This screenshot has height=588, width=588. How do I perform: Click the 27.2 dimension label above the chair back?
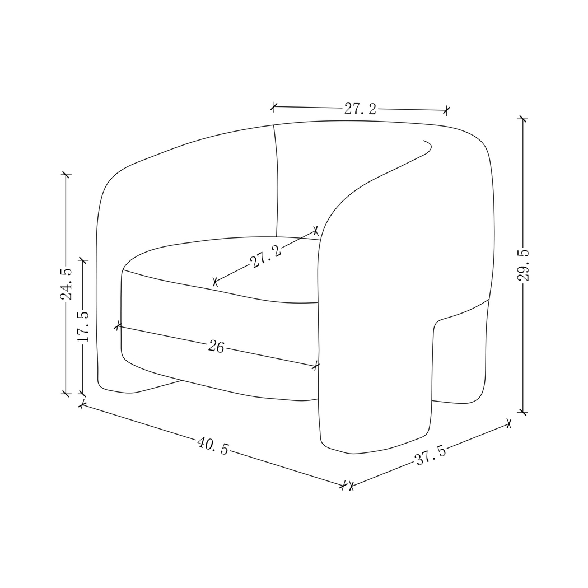coord(360,109)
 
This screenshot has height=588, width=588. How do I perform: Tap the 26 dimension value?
coord(216,347)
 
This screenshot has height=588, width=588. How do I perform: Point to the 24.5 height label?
coord(67,284)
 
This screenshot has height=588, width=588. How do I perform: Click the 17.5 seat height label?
coord(83,327)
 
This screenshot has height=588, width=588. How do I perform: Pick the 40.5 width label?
coord(213,446)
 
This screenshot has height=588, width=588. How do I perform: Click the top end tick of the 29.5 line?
coord(522,119)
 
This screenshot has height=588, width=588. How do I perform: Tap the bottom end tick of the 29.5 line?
coord(522,412)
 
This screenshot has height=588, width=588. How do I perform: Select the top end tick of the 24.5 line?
coord(67,175)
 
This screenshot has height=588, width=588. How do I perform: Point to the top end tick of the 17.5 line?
coord(83,260)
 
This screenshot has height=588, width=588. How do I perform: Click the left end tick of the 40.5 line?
coord(82,404)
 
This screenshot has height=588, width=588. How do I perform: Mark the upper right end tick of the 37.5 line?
coord(508,423)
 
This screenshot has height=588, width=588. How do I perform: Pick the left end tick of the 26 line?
coord(118,325)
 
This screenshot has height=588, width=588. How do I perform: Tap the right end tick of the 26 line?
coord(316,366)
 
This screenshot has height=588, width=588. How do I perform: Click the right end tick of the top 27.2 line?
coord(446,110)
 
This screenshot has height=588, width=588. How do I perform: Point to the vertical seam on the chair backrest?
coord(277,179)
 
